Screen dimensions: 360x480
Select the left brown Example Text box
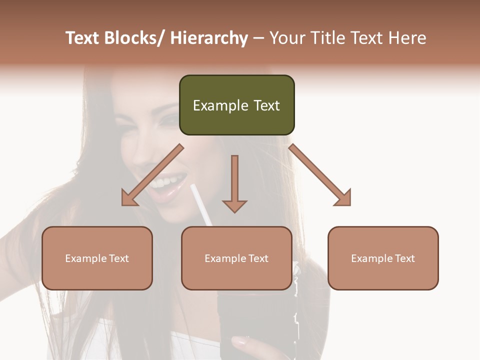[x=97, y=258]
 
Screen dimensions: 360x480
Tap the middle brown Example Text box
[x=236, y=258]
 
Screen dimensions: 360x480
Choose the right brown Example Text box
[x=383, y=258]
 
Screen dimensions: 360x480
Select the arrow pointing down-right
[x=321, y=176]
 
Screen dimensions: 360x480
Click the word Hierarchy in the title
[x=209, y=38]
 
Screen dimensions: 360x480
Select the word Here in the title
[x=407, y=38]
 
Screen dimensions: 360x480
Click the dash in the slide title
[x=258, y=38]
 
